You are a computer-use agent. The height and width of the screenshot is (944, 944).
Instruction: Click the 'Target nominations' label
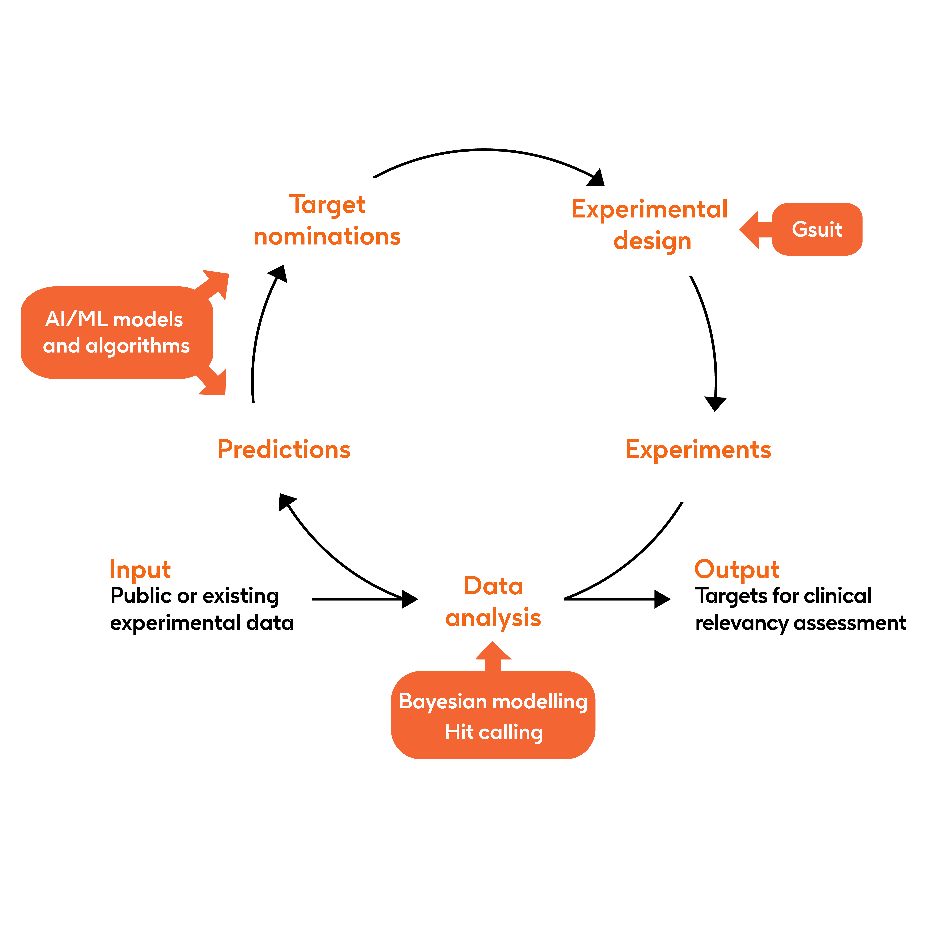pyautogui.click(x=327, y=220)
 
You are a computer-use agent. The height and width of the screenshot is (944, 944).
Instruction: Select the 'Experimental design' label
pyautogui.click(x=650, y=225)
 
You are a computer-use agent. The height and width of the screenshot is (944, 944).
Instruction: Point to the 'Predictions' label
pyautogui.click(x=284, y=449)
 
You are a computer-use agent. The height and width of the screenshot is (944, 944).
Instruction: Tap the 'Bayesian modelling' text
pyautogui.click(x=493, y=702)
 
